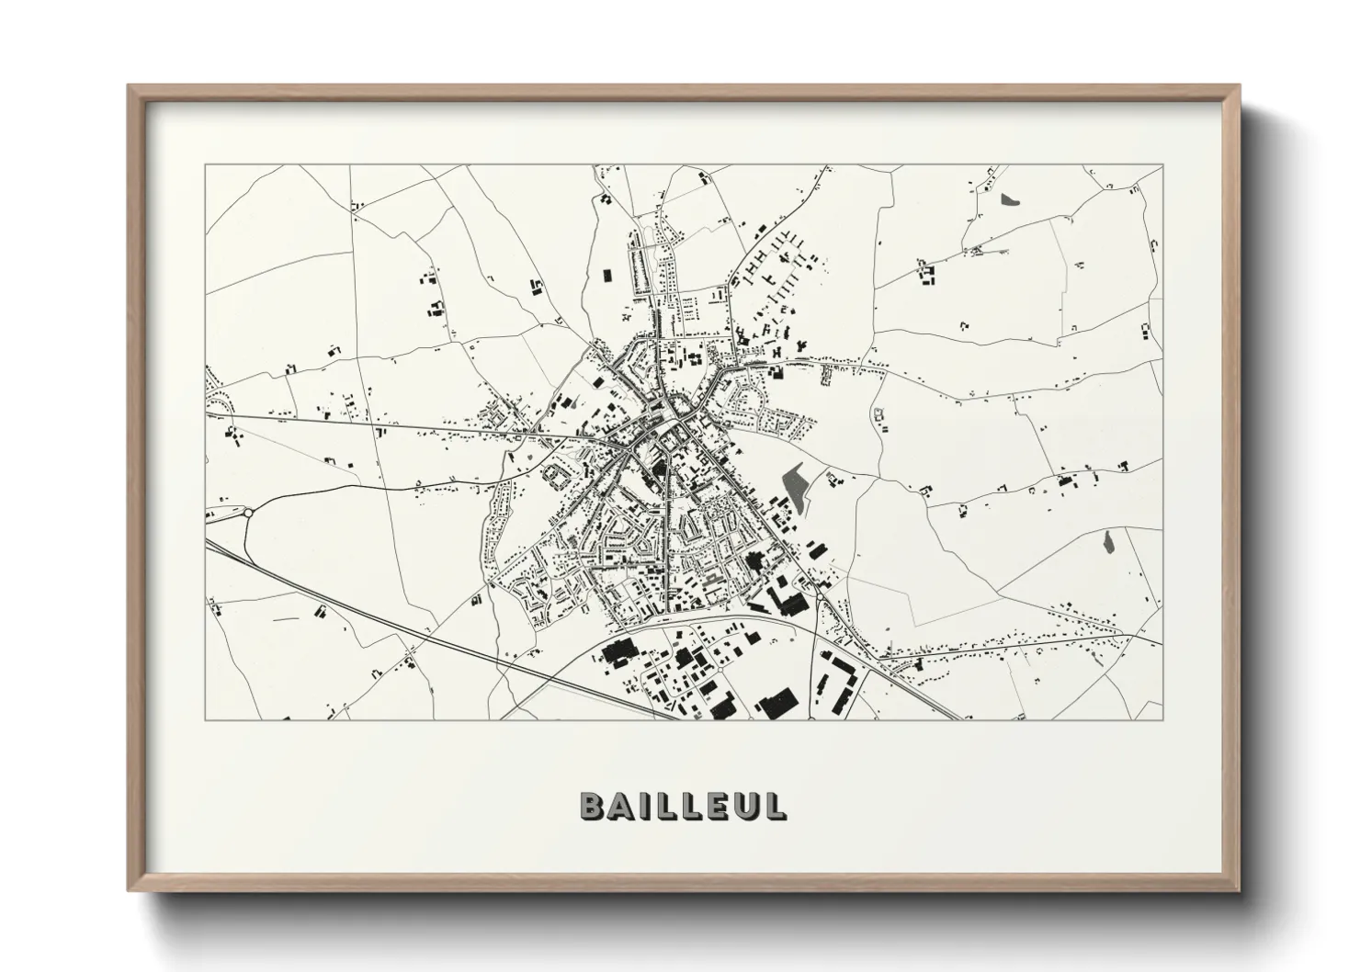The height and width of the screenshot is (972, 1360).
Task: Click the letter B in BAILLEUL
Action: point(594,806)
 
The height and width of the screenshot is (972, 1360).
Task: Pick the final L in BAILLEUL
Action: point(774,806)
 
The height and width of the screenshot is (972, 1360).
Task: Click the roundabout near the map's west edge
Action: point(247,514)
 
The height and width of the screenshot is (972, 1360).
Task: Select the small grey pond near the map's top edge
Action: point(1011,198)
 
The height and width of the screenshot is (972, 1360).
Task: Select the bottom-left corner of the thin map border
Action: point(205,720)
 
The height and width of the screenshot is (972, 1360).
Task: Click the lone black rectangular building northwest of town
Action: point(606,274)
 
